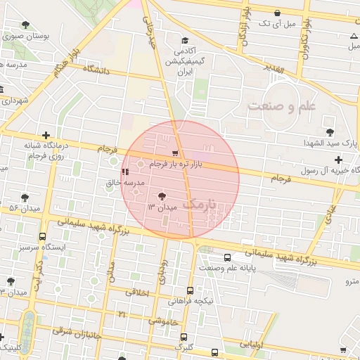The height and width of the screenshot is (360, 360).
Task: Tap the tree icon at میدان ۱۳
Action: point(162,196)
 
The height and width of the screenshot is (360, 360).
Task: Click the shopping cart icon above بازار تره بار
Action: point(175,153)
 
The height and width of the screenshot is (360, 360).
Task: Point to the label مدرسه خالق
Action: point(124,183)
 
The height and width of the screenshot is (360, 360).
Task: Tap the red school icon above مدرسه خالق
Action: point(124,171)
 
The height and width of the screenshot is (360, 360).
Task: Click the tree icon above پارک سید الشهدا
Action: point(329,131)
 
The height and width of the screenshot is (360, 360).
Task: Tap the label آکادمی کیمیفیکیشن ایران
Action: point(184,62)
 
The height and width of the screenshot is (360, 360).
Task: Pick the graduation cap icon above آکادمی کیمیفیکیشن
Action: point(184,41)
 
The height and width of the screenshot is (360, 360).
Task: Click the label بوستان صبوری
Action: point(40,34)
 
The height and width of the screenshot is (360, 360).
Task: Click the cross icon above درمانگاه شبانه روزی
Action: point(46,135)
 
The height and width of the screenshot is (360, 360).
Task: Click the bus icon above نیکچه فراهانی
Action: point(190,290)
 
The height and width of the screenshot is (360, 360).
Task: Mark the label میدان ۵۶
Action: point(13,209)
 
